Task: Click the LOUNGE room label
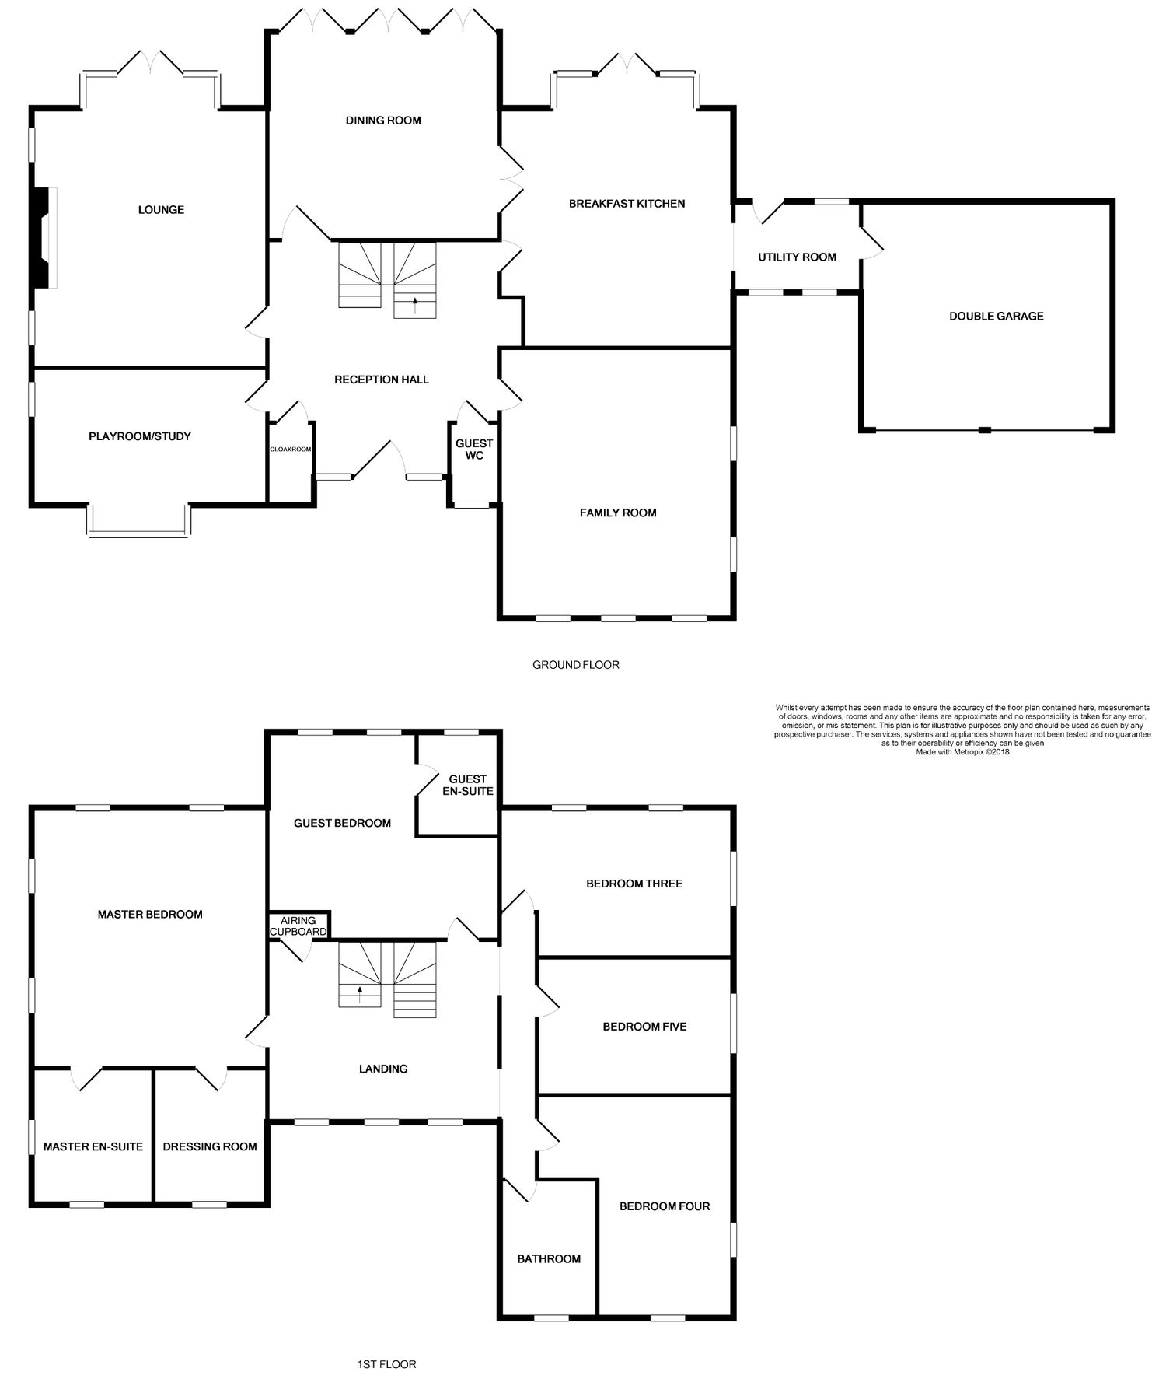[x=161, y=210]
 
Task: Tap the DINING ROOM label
[x=383, y=121]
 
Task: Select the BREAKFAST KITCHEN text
[x=627, y=204]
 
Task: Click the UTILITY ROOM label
[x=797, y=257]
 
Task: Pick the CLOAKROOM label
[x=290, y=450]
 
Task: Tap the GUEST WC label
[x=474, y=450]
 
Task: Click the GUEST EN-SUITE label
[x=468, y=785]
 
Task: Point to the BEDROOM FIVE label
[x=644, y=1027]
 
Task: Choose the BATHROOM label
[x=549, y=1259]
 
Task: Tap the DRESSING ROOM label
[x=210, y=1146]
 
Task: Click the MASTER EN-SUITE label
[x=93, y=1146]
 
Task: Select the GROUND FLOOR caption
[x=575, y=665]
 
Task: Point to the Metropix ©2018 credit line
[x=962, y=752]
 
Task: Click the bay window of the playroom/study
[x=138, y=532]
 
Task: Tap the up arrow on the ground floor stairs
[x=414, y=302]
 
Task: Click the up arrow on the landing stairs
[x=360, y=991]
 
